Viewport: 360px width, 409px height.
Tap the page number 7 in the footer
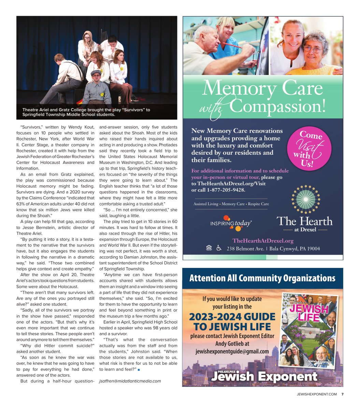point(342,394)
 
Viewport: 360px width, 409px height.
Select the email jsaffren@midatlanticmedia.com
point(130,381)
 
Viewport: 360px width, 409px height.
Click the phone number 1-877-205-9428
point(226,190)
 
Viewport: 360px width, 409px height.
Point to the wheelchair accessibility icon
point(219,248)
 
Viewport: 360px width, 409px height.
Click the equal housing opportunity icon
point(209,248)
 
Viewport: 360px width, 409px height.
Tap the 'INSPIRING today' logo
point(231,223)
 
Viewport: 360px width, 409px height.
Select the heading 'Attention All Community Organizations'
point(262,278)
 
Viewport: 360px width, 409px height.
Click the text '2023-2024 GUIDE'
point(232,317)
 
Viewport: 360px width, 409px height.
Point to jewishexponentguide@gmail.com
point(232,351)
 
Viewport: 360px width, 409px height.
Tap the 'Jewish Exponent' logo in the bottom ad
point(264,376)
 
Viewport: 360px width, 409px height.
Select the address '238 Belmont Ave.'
point(245,248)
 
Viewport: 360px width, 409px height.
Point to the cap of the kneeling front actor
point(96,72)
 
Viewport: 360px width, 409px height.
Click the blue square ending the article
point(139,369)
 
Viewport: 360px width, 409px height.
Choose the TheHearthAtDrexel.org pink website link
point(263,241)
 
